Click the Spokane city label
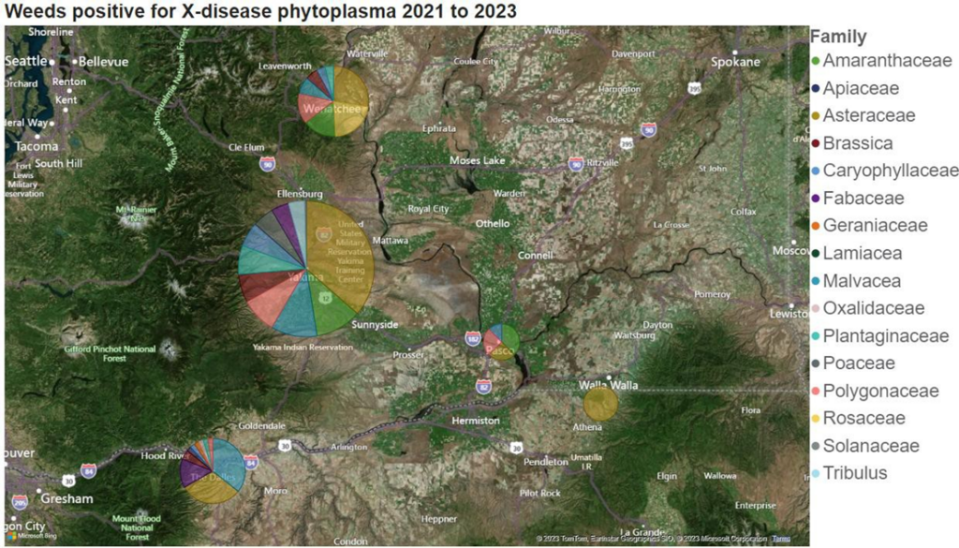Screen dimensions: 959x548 735,62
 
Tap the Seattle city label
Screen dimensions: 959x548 25,62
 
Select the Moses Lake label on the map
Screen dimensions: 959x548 478,161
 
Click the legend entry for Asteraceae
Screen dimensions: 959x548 869,116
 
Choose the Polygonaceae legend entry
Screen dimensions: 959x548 880,391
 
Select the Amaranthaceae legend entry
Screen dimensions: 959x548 887,61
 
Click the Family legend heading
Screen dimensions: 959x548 837,37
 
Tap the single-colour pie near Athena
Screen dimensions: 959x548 599,404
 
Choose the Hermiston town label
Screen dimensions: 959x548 475,421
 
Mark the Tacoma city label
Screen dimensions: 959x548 37,146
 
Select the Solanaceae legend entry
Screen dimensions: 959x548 871,446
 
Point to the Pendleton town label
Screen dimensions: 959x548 545,462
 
